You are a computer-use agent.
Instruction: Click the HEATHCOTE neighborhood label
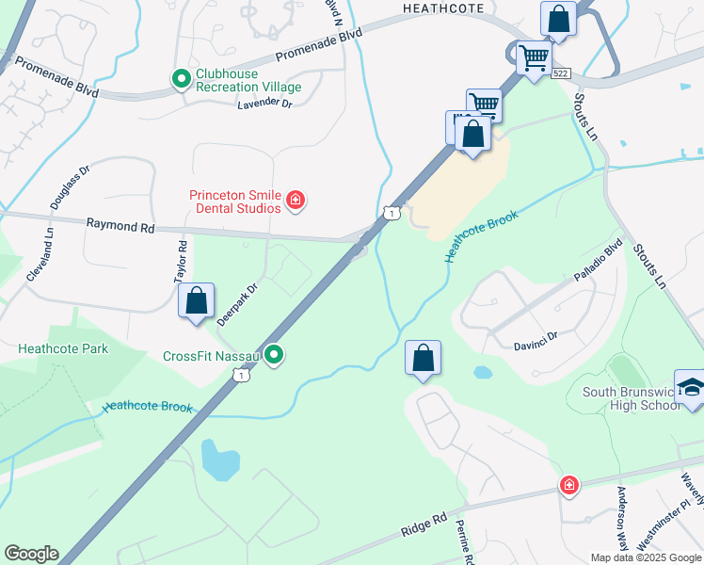(443, 8)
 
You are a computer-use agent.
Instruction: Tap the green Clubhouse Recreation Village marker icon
(181, 80)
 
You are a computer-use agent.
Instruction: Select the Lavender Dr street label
(264, 103)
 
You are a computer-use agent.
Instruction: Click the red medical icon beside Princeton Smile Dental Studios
(296, 200)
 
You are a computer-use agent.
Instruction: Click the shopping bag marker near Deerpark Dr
(197, 301)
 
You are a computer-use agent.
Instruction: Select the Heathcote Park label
(63, 348)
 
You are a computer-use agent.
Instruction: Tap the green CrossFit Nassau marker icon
(274, 355)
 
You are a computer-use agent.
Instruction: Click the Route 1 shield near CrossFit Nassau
(242, 375)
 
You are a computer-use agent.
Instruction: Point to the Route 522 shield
(562, 73)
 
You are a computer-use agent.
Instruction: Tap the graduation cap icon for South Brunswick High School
(690, 388)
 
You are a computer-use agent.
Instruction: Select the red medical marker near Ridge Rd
(568, 485)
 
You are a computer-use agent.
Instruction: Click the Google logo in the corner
(31, 554)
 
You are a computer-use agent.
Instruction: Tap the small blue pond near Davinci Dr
(482, 372)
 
